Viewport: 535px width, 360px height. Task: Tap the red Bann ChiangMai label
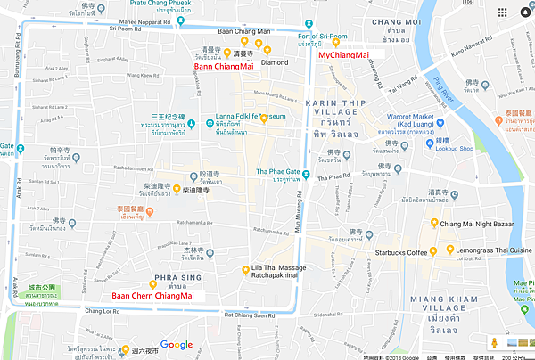(222, 65)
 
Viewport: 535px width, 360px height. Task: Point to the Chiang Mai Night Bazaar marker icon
(434, 223)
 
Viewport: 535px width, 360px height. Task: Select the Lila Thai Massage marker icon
(246, 270)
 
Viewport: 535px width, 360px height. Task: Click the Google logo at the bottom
(177, 345)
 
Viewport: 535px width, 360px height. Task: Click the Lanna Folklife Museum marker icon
(264, 119)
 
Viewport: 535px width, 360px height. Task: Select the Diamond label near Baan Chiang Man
(275, 62)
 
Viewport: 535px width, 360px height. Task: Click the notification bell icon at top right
(504, 12)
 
